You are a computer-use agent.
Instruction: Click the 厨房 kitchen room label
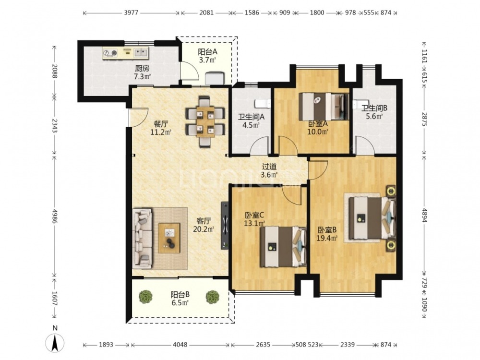click(142, 68)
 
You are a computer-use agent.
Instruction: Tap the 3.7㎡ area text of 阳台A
click(207, 60)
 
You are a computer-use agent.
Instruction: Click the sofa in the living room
click(143, 239)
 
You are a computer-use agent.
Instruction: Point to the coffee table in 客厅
click(169, 238)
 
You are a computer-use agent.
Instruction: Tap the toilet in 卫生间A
click(263, 104)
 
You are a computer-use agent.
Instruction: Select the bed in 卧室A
click(324, 107)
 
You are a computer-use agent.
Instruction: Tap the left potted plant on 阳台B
click(145, 297)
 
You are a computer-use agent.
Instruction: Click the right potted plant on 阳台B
click(212, 297)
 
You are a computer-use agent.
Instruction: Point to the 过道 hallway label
click(269, 167)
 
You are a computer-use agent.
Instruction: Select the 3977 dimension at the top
click(132, 13)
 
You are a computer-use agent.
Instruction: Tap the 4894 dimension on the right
click(424, 216)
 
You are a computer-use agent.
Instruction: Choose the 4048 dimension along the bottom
click(180, 345)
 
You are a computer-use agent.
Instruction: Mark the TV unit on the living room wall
click(225, 225)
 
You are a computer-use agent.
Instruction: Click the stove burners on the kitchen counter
click(110, 53)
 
